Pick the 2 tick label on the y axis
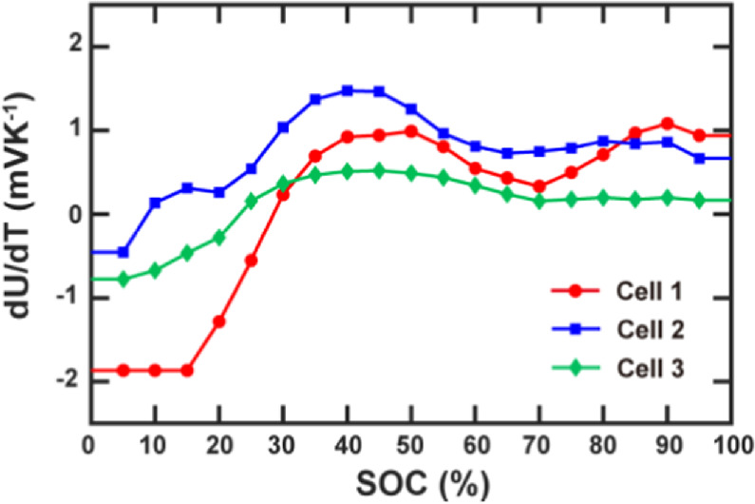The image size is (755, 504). (x=72, y=47)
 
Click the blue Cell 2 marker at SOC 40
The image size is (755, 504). (x=348, y=90)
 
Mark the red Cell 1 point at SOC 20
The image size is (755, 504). (x=219, y=321)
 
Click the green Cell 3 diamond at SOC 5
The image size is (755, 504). (x=123, y=279)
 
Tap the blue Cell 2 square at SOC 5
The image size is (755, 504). (x=123, y=252)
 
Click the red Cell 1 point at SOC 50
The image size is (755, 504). (x=411, y=131)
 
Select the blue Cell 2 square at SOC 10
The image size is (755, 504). (x=155, y=203)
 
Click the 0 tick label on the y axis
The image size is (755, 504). (x=72, y=214)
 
